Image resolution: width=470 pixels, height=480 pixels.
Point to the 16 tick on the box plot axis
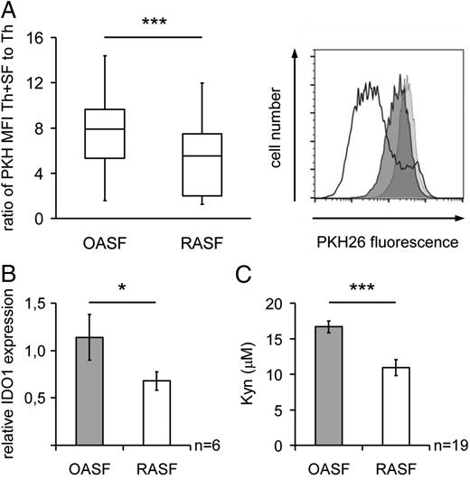[x=39, y=37]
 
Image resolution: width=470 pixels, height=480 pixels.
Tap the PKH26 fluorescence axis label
[x=387, y=242]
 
